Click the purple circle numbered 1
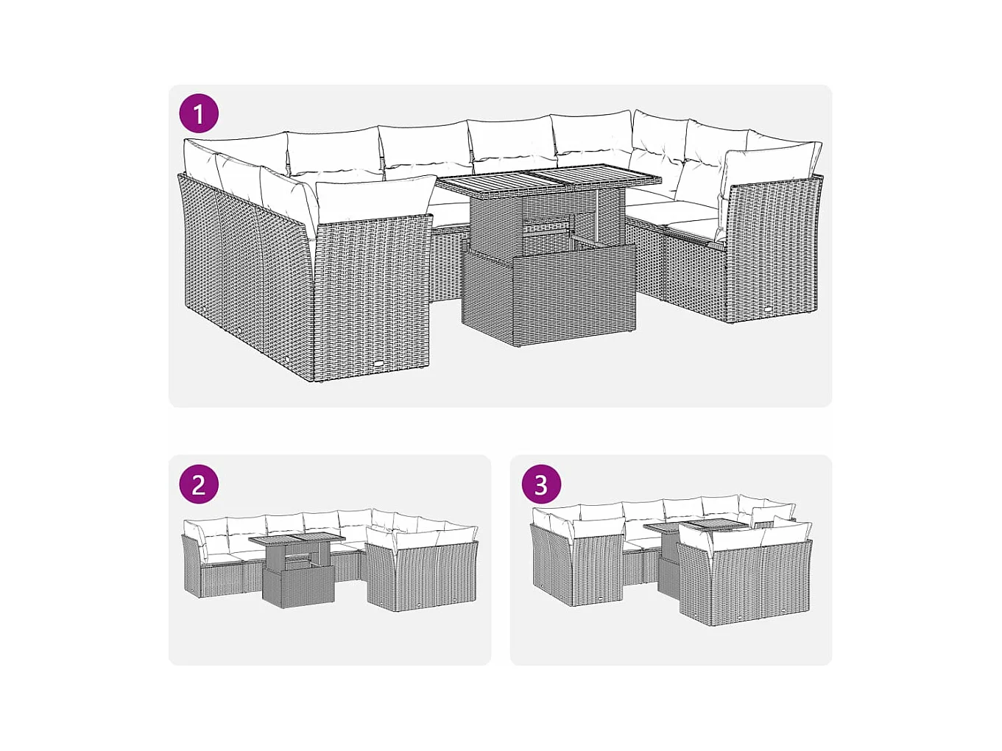click(199, 113)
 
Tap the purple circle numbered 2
click(199, 484)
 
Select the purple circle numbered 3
click(540, 484)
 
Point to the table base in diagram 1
click(549, 283)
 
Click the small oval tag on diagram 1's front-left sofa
click(379, 364)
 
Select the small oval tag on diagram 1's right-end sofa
click(772, 308)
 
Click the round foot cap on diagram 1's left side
click(286, 360)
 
